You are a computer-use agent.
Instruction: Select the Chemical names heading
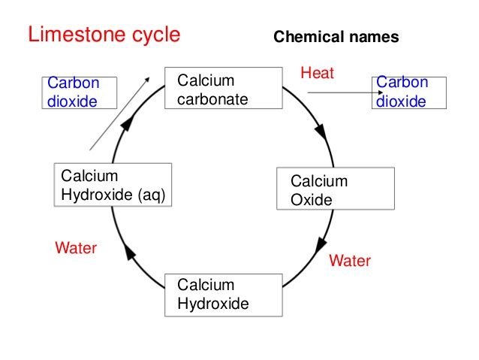coord(336,37)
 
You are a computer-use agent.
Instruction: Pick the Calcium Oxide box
coord(336,189)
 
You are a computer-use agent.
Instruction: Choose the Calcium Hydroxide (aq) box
coord(113,186)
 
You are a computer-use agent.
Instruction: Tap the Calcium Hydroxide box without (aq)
coord(223,295)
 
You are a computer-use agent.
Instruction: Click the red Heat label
coord(317,73)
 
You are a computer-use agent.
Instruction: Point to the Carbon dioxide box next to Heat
coord(408,92)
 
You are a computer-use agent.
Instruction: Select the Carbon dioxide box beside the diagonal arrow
coord(71,92)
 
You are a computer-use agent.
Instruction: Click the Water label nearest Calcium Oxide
coord(350,261)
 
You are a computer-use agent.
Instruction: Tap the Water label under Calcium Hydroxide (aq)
coord(76,247)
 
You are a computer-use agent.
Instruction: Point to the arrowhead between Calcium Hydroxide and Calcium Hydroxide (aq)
coord(131,254)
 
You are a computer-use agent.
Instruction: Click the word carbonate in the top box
coord(212,98)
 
